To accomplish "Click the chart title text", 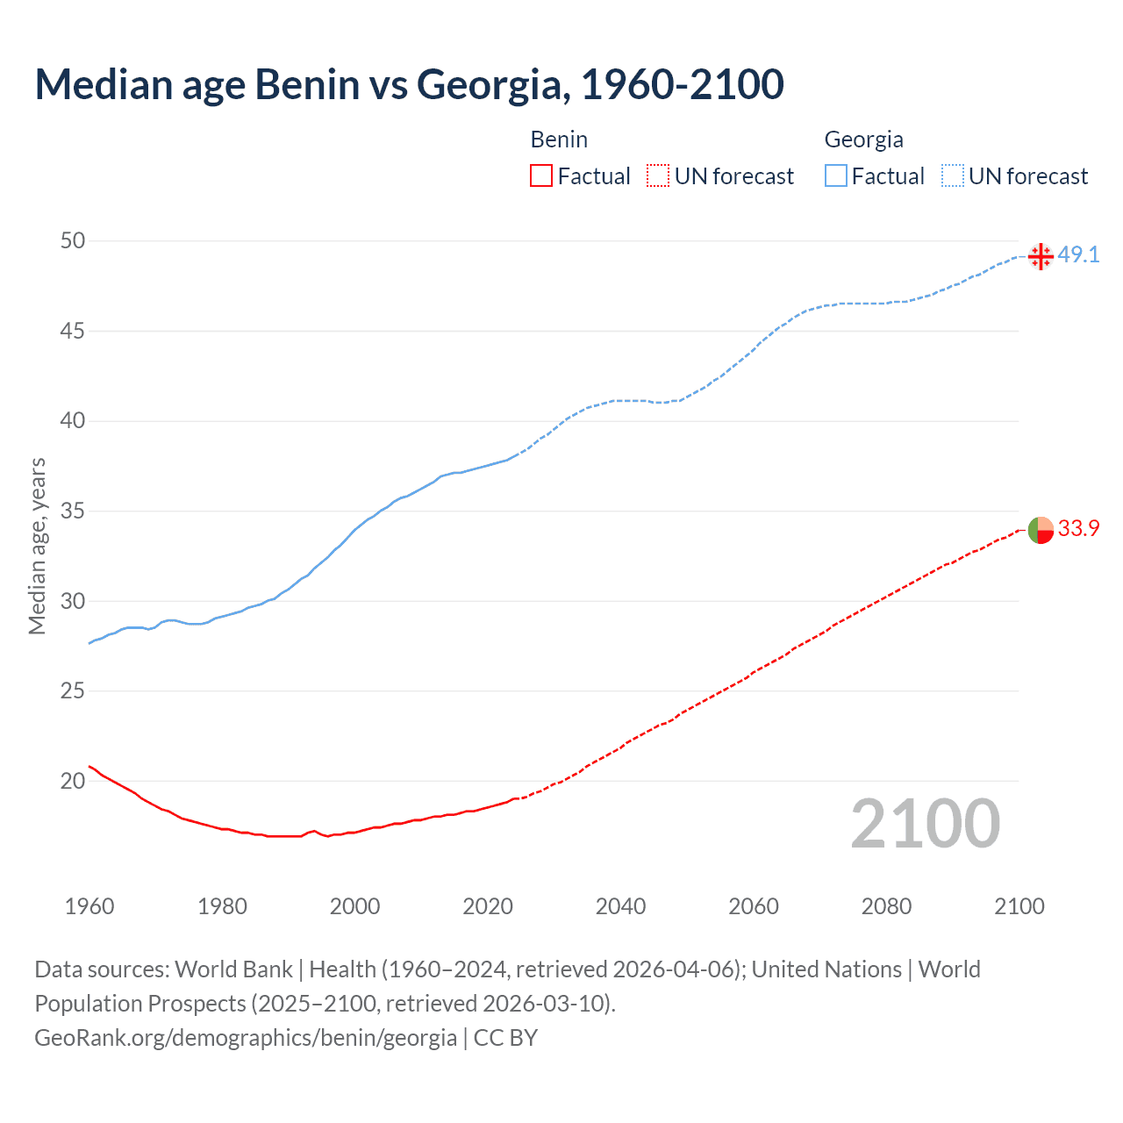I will pos(409,84).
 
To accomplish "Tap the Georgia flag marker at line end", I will pos(1041,256).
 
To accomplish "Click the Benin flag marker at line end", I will pos(1041,530).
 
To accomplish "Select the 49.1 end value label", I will pos(1078,254).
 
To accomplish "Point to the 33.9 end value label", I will pos(1078,528).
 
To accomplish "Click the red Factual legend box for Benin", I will pos(541,175).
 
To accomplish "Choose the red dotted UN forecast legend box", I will pos(658,175).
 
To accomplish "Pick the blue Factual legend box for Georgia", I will pos(836,175).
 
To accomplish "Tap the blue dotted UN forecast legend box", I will pos(953,175).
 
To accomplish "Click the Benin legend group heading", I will pos(559,139).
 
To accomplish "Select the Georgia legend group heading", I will pos(863,139).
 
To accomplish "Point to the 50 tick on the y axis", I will pos(73,240).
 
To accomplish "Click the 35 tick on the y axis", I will pos(73,511).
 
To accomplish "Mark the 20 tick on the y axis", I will pos(73,781).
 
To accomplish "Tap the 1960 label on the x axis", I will pos(89,906).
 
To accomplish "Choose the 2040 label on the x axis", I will pos(620,906).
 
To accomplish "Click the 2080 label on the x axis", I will pos(886,906).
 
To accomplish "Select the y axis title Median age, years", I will pos(37,546).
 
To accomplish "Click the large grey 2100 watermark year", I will pos(925,823).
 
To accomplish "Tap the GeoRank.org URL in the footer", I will pos(246,1038).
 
